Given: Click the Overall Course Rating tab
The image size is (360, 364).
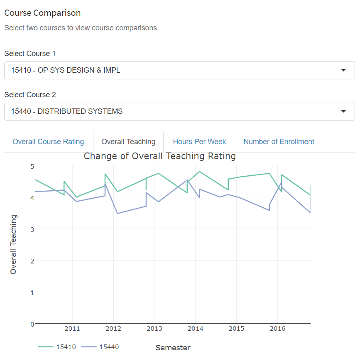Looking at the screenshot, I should [48, 142].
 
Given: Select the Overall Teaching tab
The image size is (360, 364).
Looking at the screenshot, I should [128, 142].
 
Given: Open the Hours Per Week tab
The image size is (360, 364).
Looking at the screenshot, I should [199, 142].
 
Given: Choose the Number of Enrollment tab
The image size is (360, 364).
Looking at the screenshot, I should [279, 142].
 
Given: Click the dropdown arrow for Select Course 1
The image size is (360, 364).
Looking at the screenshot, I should [343, 70].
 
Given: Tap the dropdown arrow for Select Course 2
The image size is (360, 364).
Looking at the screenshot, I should [343, 111].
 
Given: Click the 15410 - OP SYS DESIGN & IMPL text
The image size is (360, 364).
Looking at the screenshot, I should [66, 70].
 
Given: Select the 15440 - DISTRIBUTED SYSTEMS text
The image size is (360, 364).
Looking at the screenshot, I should [67, 111].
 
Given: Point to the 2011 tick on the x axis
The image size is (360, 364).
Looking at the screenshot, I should [72, 329].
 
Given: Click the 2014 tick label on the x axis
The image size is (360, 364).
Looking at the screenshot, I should [195, 329].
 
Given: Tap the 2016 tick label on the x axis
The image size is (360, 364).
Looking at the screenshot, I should [277, 329].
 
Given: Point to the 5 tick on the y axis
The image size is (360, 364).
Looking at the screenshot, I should [32, 166].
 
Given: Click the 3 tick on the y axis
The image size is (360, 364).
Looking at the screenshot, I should [32, 229].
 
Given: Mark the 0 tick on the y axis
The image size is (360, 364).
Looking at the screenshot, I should [32, 324].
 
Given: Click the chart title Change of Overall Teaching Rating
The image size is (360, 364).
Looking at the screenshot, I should [160, 156].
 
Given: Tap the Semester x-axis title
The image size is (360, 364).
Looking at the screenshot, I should [173, 348].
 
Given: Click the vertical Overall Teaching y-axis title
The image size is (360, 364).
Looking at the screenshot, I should [14, 244].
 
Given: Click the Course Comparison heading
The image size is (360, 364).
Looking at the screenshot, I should [42, 13].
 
